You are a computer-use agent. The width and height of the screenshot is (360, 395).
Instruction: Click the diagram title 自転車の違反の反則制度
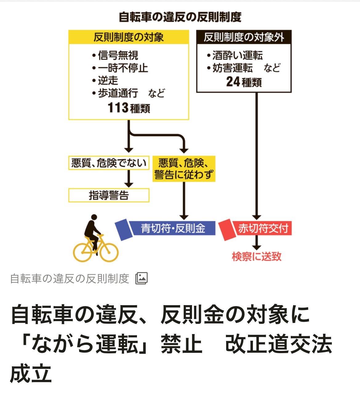pos(180,17)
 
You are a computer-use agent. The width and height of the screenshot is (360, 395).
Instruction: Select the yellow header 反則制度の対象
pos(128,37)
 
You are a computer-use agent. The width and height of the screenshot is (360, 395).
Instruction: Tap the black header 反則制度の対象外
pos(244,37)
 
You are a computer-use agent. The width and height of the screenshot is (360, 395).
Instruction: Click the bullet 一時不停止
pos(123,68)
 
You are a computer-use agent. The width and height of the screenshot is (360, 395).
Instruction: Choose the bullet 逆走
pos(108,81)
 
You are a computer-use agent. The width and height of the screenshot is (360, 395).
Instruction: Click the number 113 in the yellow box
pos(118,108)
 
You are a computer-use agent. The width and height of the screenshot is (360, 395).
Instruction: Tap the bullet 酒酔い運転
pos(237,55)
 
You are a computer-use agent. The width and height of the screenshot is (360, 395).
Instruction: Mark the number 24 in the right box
pos(233,82)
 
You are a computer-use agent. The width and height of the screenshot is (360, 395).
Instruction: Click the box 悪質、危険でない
pos(109,163)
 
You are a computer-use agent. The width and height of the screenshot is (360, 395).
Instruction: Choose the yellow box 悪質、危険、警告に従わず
pos(184,169)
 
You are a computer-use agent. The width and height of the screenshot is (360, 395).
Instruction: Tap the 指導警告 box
pos(109,195)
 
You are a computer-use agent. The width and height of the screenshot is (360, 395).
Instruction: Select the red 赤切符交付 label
pos(263,228)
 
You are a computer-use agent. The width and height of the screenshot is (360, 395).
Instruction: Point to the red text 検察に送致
pos(257,256)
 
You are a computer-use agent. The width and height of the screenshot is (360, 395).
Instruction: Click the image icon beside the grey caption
pos(142,278)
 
